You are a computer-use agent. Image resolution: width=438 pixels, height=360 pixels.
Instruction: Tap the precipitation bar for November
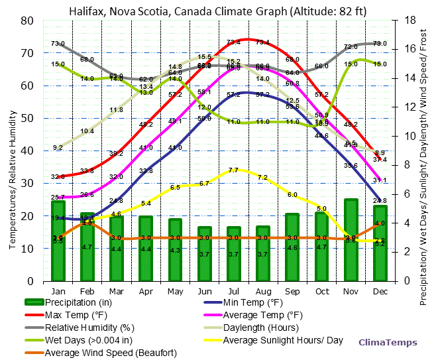351,239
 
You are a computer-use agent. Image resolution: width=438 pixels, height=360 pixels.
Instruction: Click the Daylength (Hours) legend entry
260,328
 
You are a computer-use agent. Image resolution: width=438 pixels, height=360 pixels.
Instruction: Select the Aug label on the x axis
262,290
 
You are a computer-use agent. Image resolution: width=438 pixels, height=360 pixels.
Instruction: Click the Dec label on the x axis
380,290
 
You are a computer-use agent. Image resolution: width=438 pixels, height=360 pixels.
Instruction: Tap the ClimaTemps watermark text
388,343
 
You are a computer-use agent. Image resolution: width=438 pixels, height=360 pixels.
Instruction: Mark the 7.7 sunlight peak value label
233,170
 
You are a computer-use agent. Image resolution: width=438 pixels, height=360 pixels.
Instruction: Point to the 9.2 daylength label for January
58,147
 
